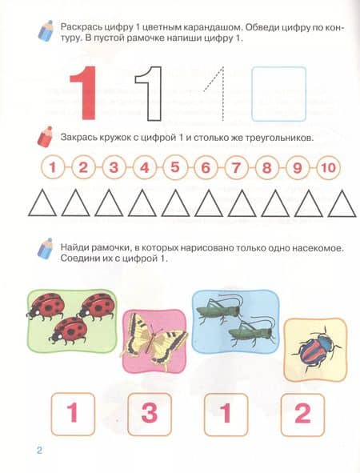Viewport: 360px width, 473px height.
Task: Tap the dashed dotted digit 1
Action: pyautogui.click(x=222, y=94)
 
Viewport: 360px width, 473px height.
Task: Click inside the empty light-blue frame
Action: pyautogui.click(x=279, y=94)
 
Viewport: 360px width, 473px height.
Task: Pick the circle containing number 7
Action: pyautogui.click(x=236, y=167)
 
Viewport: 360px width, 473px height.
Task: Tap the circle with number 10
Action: pyautogui.click(x=328, y=167)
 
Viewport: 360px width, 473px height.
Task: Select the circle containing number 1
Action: pyautogui.click(x=53, y=167)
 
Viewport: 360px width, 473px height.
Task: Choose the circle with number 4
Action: pyautogui.click(x=145, y=167)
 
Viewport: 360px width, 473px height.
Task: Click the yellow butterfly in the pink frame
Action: pyautogui.click(x=154, y=340)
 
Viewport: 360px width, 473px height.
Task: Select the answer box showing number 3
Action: pyautogui.click(x=150, y=414)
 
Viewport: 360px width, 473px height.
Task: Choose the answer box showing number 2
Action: pyautogui.click(x=302, y=414)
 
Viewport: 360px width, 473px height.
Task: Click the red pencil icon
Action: pyautogui.click(x=45, y=137)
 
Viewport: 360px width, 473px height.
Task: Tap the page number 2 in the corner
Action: pyautogui.click(x=39, y=451)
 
